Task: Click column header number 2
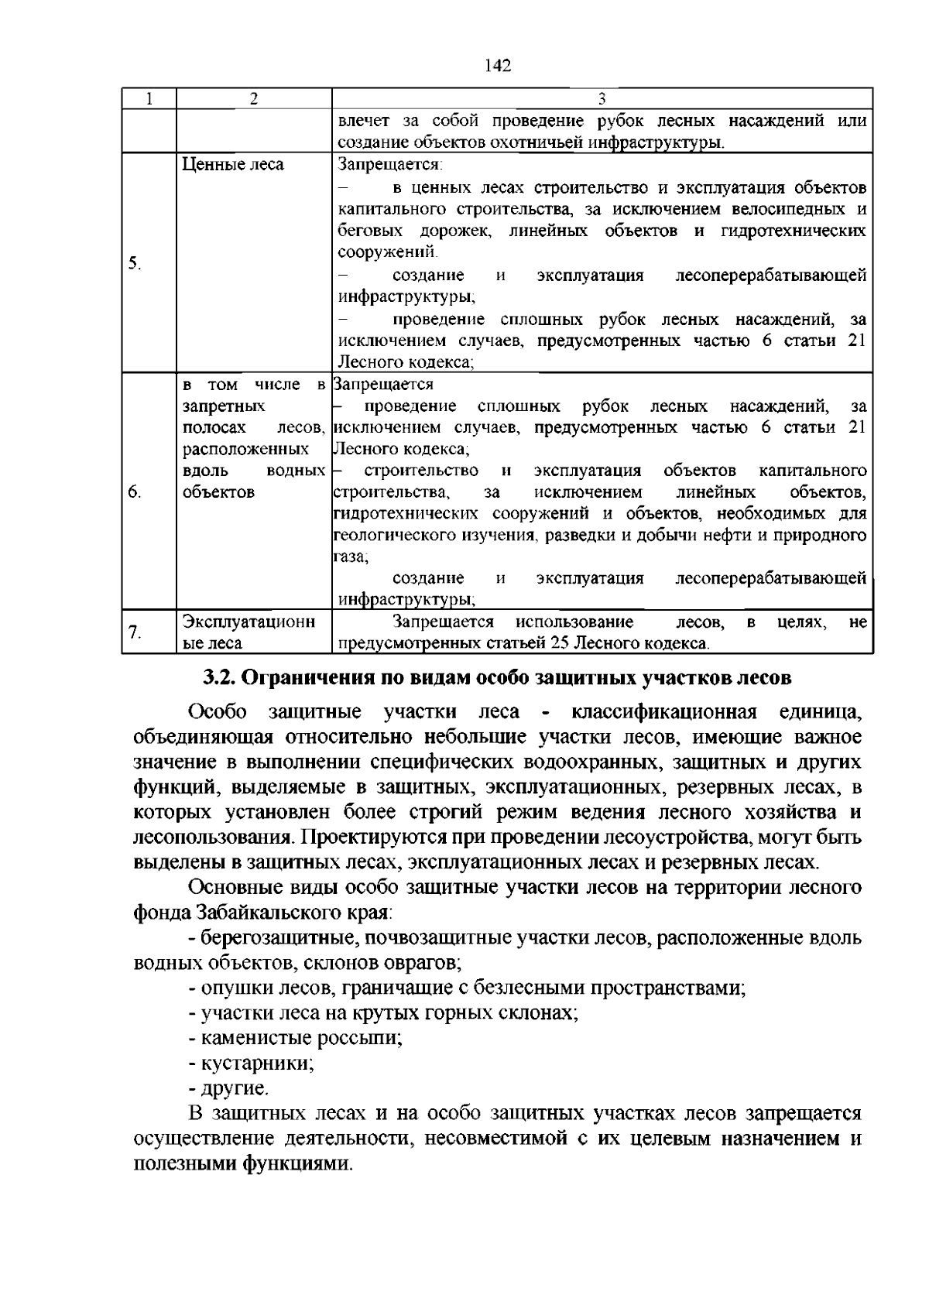[x=253, y=98]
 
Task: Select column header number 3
[x=602, y=98]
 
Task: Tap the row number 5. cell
[x=135, y=263]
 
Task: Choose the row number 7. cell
[x=135, y=632]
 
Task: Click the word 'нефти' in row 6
[x=742, y=536]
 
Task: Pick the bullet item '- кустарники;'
[x=251, y=1064]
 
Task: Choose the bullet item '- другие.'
[x=229, y=1089]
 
